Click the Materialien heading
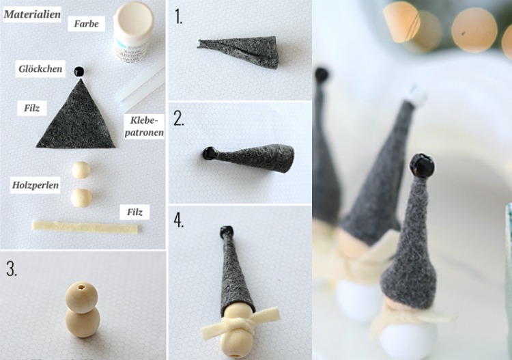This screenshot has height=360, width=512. coord(32,14)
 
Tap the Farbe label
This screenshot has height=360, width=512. coord(86,23)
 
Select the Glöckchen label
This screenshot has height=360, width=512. coord(40,68)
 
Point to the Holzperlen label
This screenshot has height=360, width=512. coord(35,185)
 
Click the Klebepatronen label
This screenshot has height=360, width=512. coord(144,126)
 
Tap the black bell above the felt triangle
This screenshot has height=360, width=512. coord(79,72)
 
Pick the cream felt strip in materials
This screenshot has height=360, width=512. coord(85,227)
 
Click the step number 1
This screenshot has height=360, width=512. coord(178,16)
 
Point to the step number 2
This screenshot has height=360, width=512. coord(179,118)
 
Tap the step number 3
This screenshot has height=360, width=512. coord(12,269)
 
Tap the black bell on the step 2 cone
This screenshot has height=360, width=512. coord(209,153)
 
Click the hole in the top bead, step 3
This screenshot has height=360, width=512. coord(81,288)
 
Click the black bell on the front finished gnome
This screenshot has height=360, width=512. coord(422,165)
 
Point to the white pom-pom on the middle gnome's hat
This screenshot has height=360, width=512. coord(416,96)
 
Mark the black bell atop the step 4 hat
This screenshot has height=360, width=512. coord(227,232)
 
